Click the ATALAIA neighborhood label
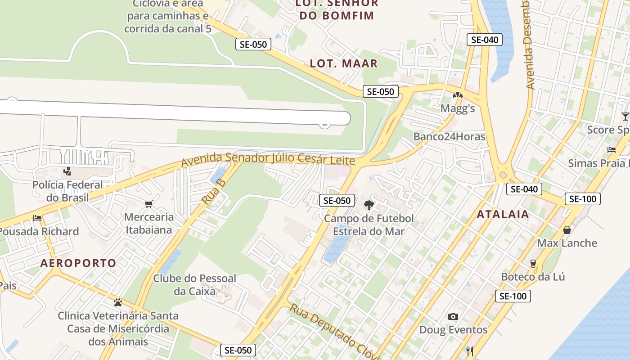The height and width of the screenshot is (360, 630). (x=503, y=215)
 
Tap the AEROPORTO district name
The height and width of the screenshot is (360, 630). (x=78, y=263)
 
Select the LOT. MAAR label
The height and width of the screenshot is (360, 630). (x=344, y=63)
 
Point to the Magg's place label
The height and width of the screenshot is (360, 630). (x=458, y=108)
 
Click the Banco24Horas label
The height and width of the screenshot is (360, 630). (x=450, y=136)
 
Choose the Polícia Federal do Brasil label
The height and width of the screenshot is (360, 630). (x=67, y=191)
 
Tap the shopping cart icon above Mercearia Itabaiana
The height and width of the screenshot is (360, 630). (x=149, y=204)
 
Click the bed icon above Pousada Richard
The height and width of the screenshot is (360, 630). (x=37, y=218)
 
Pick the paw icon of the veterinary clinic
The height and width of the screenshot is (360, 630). (x=118, y=302)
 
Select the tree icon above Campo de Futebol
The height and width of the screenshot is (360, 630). (x=369, y=206)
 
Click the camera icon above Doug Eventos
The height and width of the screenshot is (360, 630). (x=453, y=317)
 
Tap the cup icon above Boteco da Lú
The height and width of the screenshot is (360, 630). (x=533, y=264)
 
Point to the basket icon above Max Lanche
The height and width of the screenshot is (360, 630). (x=567, y=230)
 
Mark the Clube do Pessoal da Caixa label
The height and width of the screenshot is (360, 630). (x=194, y=285)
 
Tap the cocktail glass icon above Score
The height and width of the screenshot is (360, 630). (x=625, y=117)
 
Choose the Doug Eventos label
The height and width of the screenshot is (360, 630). (x=453, y=330)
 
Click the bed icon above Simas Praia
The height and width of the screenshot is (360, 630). (x=612, y=150)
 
